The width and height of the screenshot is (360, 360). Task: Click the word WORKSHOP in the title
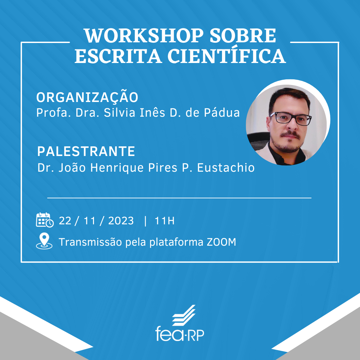(x=144, y=36)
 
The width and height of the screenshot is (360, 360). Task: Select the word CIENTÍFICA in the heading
(x=227, y=55)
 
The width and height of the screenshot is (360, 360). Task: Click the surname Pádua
(x=222, y=113)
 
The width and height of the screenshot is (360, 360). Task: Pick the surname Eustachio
(x=226, y=167)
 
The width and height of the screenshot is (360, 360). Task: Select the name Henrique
(x=117, y=168)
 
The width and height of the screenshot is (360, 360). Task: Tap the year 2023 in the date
(x=121, y=221)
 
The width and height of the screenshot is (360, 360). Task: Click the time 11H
(x=165, y=221)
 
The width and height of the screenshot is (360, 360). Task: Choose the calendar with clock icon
(x=45, y=220)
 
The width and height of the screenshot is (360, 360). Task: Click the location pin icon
(x=44, y=241)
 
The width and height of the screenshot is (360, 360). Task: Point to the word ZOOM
(x=222, y=242)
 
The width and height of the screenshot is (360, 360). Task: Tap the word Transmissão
(x=90, y=242)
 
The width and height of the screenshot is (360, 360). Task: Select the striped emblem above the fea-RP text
(x=184, y=315)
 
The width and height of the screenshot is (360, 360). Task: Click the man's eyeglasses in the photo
(x=290, y=119)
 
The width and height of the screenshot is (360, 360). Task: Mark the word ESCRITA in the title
(x=118, y=56)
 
